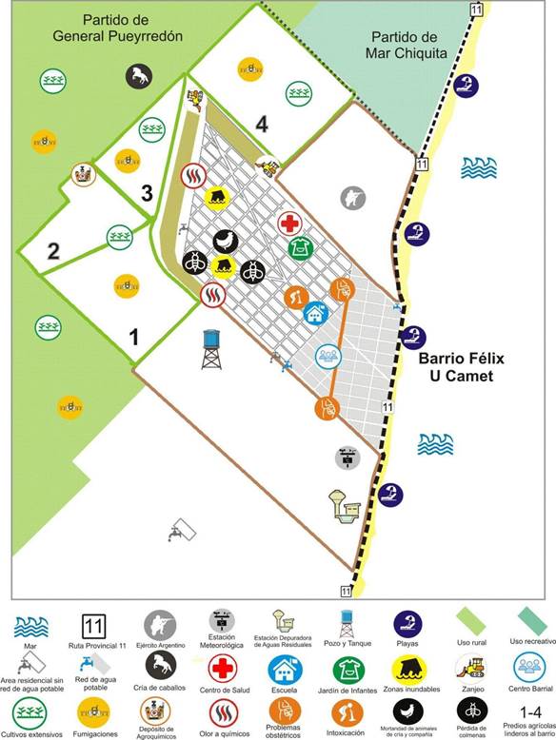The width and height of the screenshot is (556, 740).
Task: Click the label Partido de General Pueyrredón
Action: [131, 28]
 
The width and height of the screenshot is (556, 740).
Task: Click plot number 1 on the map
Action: [134, 336]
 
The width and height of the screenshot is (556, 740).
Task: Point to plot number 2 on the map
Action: [53, 251]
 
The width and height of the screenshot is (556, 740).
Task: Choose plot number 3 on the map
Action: [146, 193]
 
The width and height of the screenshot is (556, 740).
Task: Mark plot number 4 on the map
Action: [261, 124]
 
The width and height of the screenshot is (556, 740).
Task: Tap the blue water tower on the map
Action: [212, 349]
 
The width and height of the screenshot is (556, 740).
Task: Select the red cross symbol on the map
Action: [290, 224]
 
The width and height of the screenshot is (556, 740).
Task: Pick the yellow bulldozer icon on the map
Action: [270, 168]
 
